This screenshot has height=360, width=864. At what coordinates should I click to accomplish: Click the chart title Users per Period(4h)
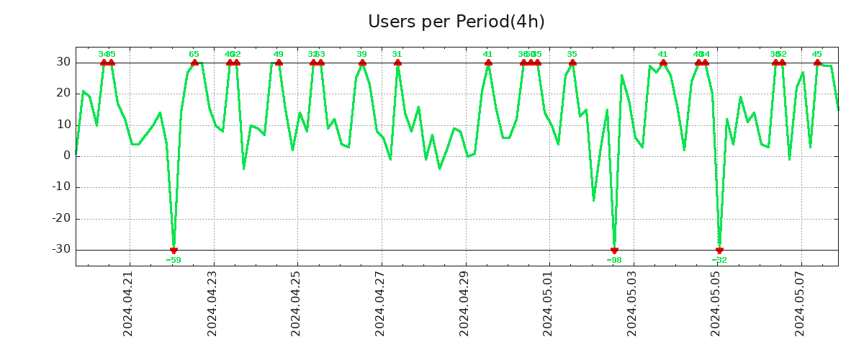coord(456,22)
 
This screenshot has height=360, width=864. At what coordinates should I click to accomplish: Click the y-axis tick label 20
coord(63,94)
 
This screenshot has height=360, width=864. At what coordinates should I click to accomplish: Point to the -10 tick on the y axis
coord(60,187)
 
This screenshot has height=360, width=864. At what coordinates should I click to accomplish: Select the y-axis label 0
coord(67,156)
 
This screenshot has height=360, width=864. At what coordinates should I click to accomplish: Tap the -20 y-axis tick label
coord(60,218)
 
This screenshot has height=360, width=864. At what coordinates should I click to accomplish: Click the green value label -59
coord(174,260)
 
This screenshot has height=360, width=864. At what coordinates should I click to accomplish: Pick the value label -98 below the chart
coord(614,260)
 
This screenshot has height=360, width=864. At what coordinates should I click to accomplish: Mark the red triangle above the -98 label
coord(614,251)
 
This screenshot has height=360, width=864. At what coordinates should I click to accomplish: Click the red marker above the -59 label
coord(174,251)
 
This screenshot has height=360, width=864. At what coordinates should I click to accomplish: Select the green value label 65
coord(194,54)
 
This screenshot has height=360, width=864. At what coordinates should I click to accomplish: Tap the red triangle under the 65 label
coord(194,63)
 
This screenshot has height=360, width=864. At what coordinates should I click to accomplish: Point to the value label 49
coord(279,54)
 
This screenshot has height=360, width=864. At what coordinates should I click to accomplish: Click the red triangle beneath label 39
coord(362,63)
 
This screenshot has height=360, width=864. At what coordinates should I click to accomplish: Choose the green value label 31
coord(397,54)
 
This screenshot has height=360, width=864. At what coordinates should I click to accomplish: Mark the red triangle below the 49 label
coord(279,63)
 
